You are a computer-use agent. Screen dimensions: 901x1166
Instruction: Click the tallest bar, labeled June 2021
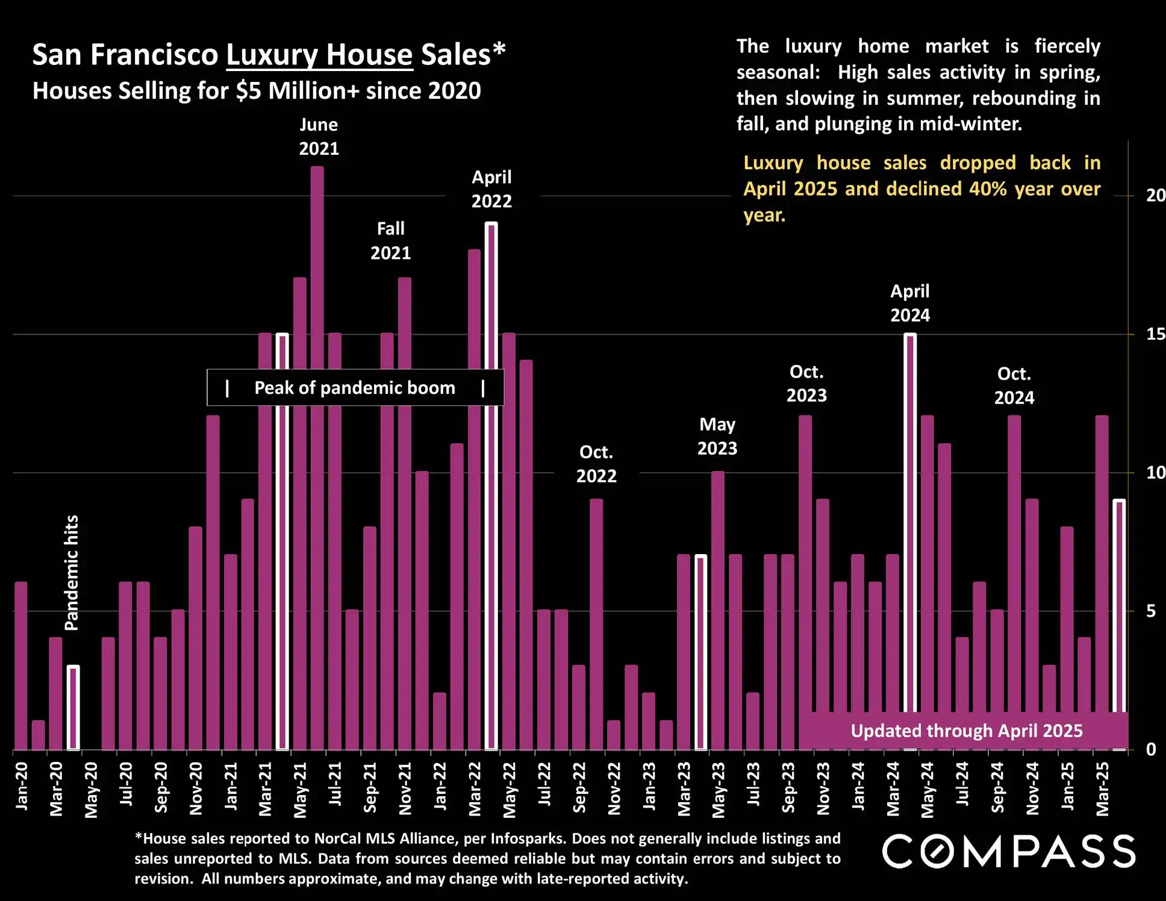click(x=317, y=458)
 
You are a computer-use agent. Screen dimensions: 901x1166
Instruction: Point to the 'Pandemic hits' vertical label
click(x=72, y=573)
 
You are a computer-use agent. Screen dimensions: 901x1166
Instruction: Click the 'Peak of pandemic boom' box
click(x=355, y=388)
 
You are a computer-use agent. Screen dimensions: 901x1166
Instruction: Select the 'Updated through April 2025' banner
click(x=966, y=731)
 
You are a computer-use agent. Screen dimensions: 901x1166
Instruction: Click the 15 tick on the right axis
click(x=1155, y=334)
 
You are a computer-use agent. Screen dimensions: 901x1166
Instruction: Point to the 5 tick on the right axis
click(x=1151, y=611)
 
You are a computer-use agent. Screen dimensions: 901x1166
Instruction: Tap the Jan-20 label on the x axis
click(x=22, y=786)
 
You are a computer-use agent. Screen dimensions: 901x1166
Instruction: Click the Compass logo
click(x=1009, y=851)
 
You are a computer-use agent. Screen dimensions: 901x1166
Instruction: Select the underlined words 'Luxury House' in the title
click(x=319, y=55)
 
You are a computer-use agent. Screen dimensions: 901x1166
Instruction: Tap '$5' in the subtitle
click(x=248, y=91)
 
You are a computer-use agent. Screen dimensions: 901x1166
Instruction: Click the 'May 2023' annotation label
click(x=717, y=436)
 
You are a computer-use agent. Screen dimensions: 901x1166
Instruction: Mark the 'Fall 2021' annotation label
click(x=390, y=240)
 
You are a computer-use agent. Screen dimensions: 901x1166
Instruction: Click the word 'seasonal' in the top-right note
click(x=777, y=72)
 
